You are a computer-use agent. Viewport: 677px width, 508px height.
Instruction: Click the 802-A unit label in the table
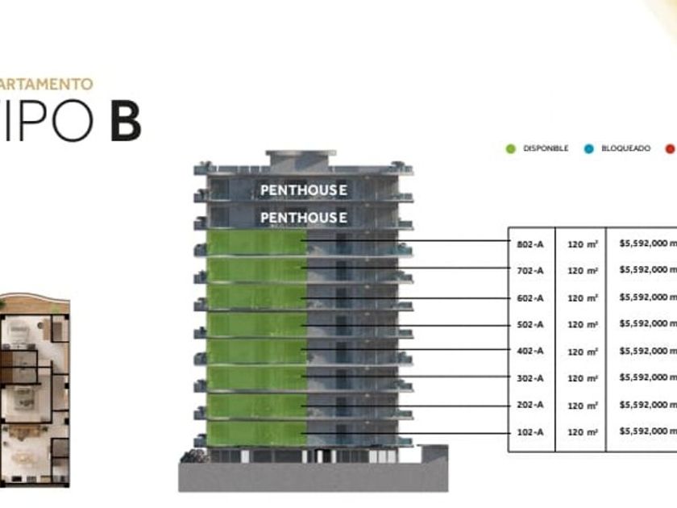pos(530,243)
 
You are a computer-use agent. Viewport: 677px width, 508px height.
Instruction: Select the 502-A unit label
pos(530,324)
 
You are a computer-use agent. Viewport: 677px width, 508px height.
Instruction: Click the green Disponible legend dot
pos(510,148)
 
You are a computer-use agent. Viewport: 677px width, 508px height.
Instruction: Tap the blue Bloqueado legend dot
pos(589,148)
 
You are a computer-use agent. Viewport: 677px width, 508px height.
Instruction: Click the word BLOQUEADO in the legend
pos(625,148)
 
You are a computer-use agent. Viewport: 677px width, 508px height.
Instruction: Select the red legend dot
pos(670,148)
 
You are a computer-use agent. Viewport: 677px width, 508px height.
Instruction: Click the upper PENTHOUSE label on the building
pos(304,190)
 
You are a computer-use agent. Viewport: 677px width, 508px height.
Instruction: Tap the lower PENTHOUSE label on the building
pos(304,217)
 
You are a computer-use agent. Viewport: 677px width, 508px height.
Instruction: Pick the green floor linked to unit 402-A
pos(257,351)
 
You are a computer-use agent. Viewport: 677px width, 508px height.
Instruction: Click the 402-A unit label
pos(530,351)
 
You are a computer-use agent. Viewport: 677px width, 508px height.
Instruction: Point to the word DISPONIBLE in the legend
pos(546,148)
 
